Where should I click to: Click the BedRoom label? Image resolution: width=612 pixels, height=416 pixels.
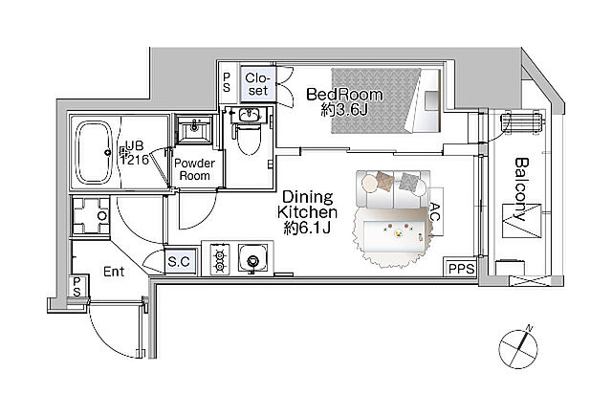(x=344, y=95)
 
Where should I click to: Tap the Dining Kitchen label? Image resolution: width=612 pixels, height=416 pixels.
(x=307, y=205)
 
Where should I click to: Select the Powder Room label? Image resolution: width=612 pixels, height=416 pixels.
(x=194, y=169)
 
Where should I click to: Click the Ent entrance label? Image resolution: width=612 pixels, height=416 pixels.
(x=114, y=272)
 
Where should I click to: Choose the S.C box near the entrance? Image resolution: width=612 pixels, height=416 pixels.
(x=180, y=261)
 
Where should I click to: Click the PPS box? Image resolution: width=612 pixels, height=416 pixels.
(x=461, y=269)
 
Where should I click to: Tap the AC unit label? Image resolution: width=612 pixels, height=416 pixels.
(x=435, y=211)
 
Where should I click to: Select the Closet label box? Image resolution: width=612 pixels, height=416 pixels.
(x=258, y=84)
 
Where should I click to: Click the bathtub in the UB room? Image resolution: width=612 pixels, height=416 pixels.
(x=94, y=152)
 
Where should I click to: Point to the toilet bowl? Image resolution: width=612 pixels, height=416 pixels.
(x=249, y=140)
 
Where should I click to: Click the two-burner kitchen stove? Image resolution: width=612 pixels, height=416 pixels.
(x=219, y=259)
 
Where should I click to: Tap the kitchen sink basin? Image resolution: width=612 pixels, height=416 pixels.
(x=253, y=258)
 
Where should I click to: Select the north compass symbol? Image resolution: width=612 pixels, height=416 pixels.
(x=518, y=348)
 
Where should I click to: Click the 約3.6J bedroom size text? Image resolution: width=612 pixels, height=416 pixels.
(x=344, y=110)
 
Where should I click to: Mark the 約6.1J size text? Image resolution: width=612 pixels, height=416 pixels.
(x=307, y=228)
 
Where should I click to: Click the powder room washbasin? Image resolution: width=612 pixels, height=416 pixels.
(x=194, y=128)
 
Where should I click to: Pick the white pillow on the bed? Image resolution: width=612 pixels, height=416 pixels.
(x=431, y=100)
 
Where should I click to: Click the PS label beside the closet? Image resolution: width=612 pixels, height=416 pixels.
(x=227, y=83)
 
